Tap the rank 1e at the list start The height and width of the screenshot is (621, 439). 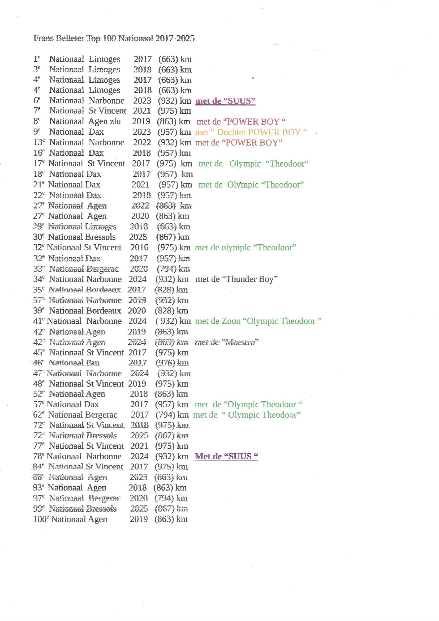(x=37, y=59)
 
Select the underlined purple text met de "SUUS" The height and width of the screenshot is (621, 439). (x=225, y=101)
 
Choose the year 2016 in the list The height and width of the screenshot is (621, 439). (x=139, y=248)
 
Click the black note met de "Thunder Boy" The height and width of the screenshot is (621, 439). (x=236, y=279)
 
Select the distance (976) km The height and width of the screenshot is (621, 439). (x=172, y=363)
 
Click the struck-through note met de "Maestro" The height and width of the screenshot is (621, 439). (x=226, y=342)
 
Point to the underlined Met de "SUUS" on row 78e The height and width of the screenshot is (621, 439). (x=226, y=457)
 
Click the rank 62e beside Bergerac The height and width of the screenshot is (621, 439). (x=38, y=415)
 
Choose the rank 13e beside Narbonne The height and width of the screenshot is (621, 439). (x=39, y=142)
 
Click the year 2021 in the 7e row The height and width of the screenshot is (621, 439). (x=142, y=111)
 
